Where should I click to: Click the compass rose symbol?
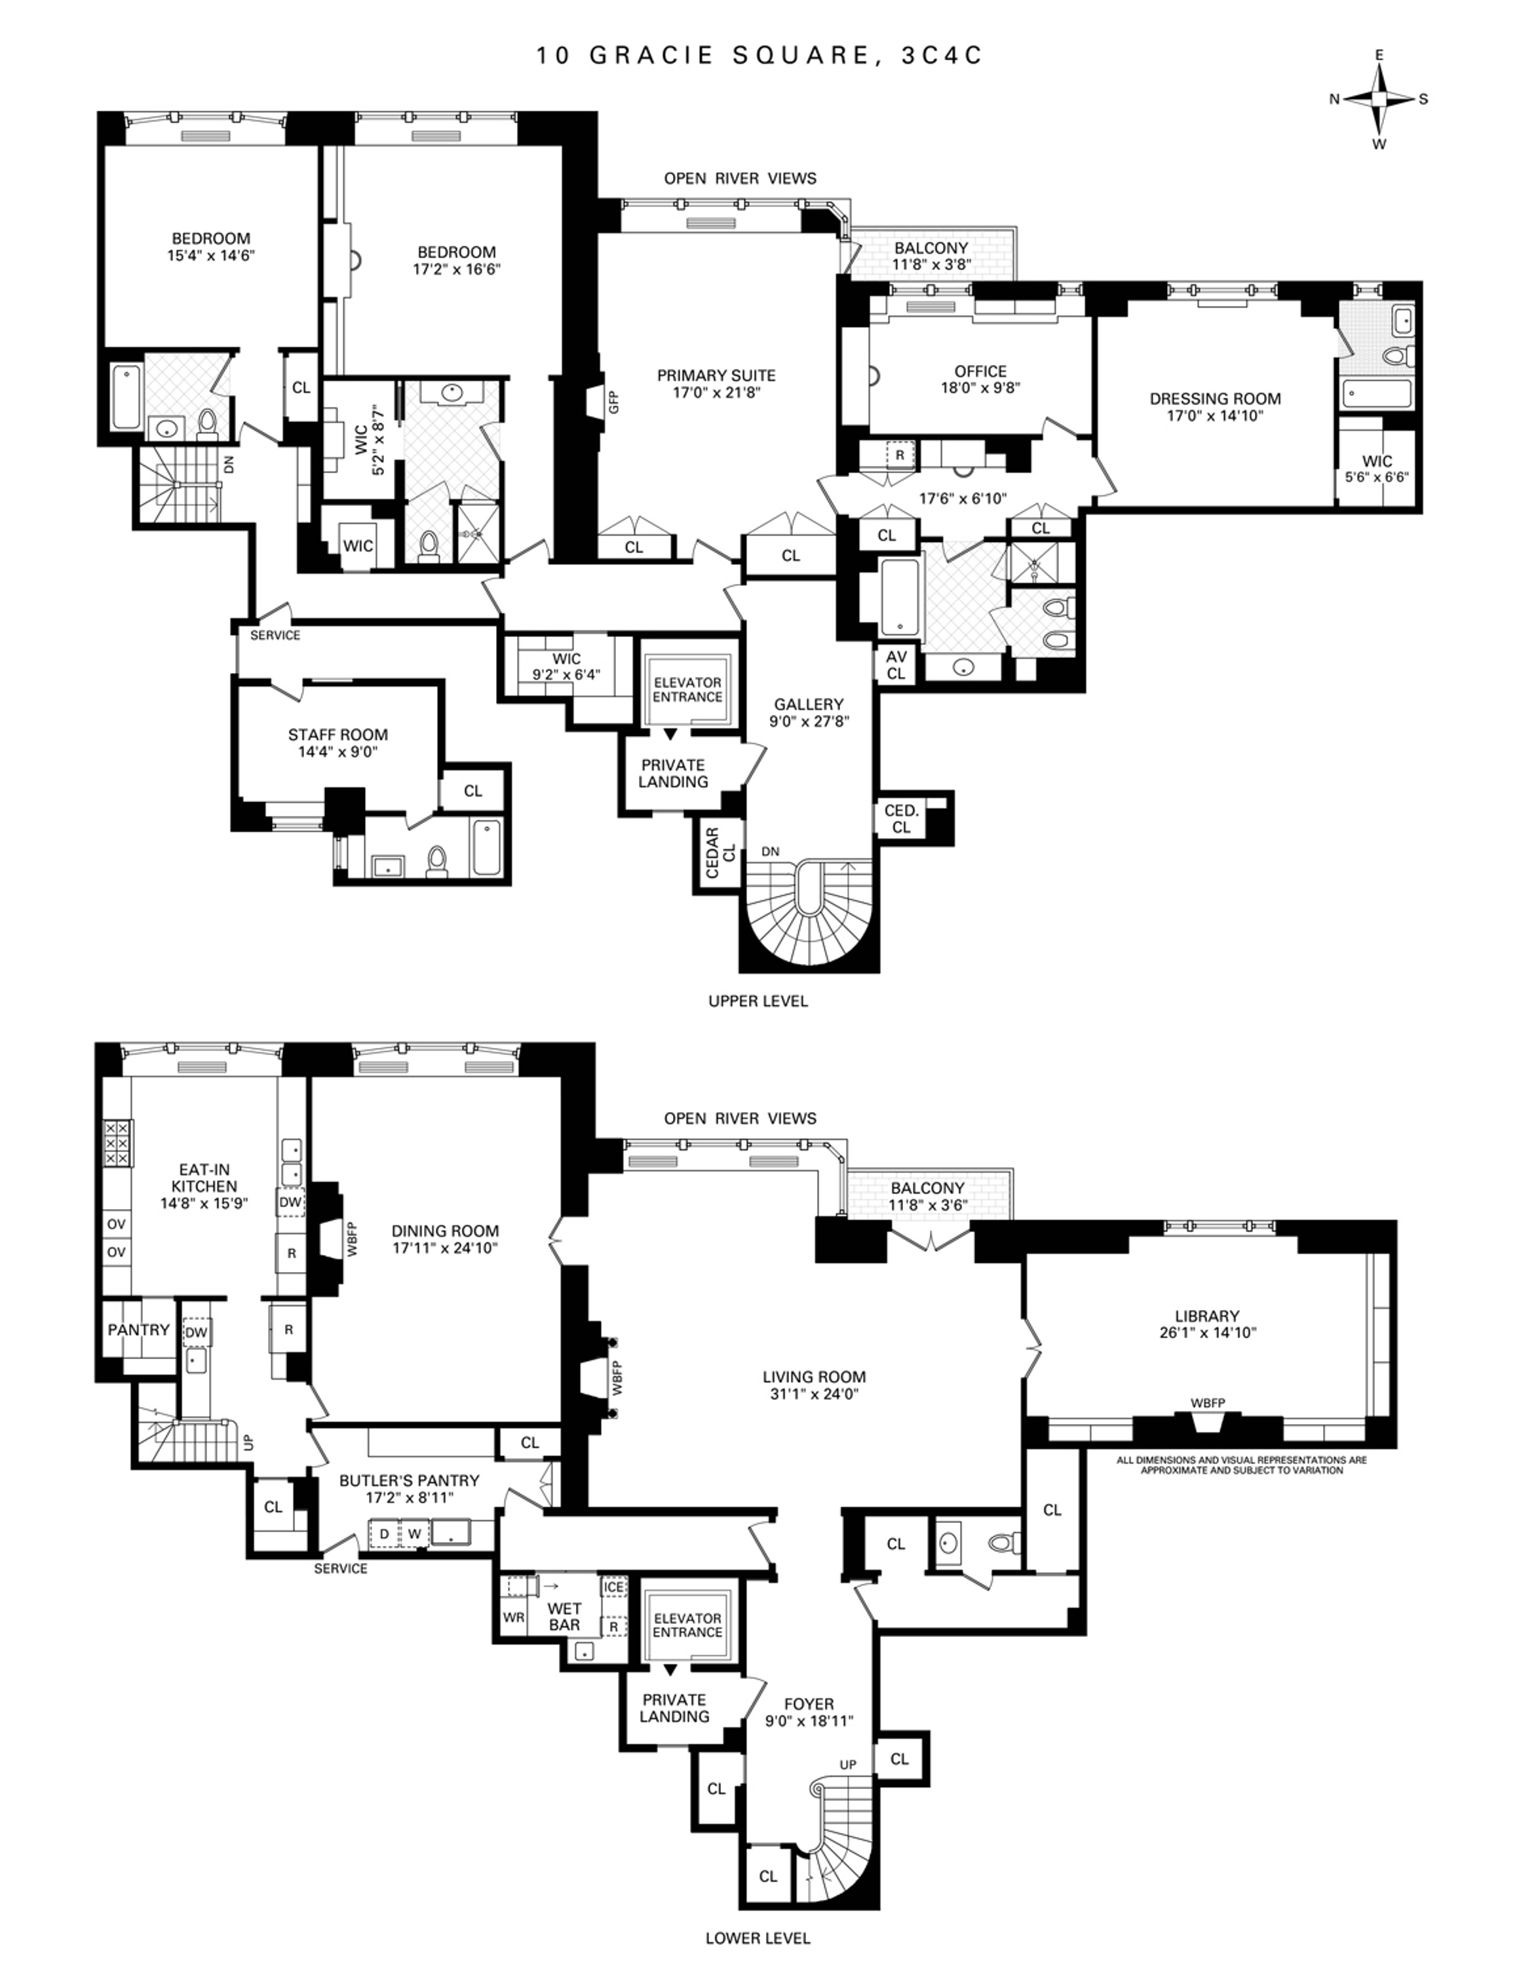1379,99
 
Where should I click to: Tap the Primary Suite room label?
716,383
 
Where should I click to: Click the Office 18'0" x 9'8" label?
980,379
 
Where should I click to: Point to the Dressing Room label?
1215,407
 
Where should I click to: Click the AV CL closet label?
896,665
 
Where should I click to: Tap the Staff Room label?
337,742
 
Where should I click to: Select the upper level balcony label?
931,256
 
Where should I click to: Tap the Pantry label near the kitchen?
138,1330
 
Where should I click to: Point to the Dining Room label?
444,1239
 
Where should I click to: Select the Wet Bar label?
564,1617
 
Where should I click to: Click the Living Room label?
813,1385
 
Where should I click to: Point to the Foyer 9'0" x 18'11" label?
808,1712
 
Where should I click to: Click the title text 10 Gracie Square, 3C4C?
759,56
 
